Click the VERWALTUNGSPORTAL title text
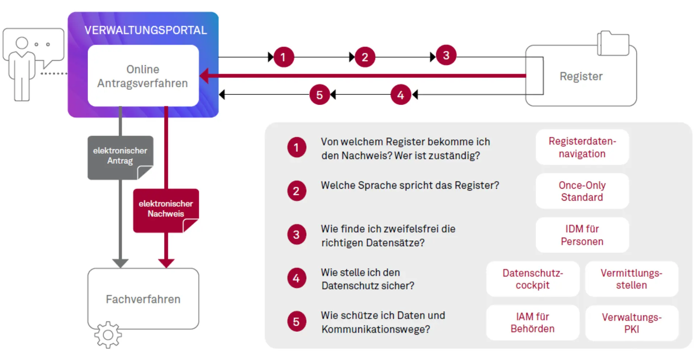coord(146,30)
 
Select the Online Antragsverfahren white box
coord(143,76)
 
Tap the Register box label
coord(581,76)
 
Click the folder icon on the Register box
coord(613,43)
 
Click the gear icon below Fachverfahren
coord(108,335)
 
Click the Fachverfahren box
coord(143,299)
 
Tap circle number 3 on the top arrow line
coord(446,55)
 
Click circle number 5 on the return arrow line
coord(319,95)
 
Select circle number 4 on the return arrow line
coord(400,95)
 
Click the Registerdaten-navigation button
coord(582,147)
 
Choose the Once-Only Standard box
coord(582,191)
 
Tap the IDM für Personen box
coord(582,235)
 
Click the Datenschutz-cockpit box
coord(532,279)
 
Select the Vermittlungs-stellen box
coord(631,279)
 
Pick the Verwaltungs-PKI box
coord(631,323)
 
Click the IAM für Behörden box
coord(532,323)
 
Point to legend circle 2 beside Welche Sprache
coord(296,191)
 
